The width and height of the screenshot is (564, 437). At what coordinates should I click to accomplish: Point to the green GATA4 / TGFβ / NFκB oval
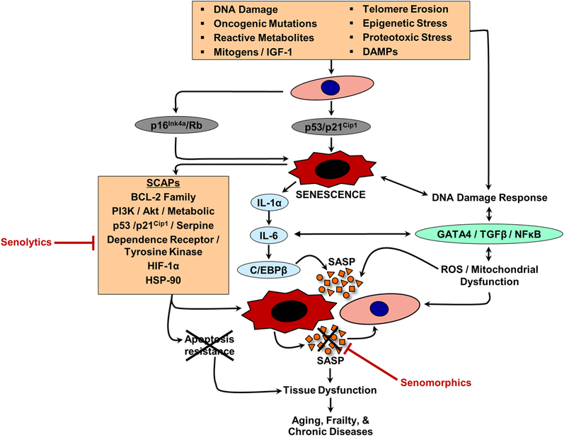pos(488,233)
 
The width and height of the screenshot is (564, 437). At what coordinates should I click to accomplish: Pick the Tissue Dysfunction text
pos(330,390)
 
